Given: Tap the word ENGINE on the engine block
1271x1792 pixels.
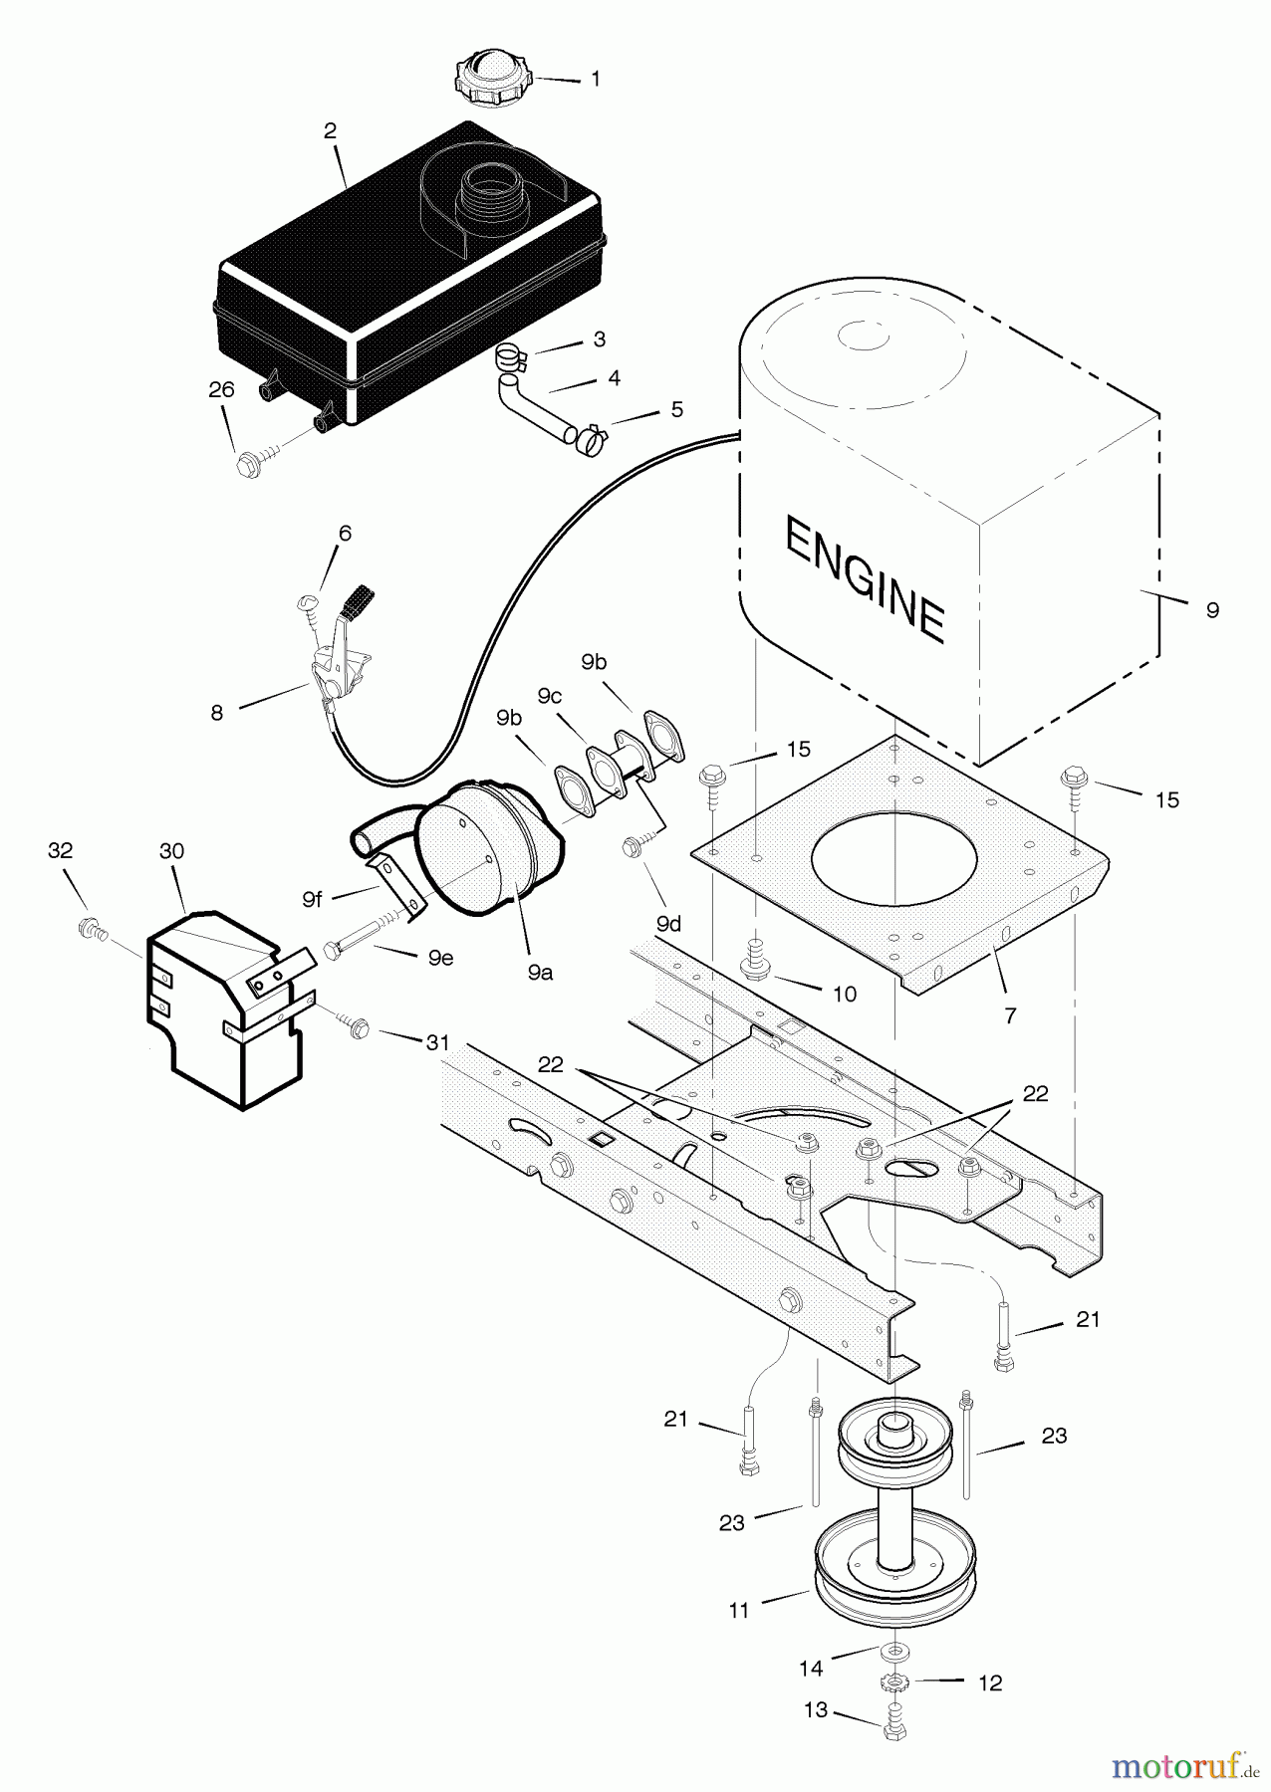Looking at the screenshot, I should point(865,577).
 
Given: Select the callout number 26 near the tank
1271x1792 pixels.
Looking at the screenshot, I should point(221,390).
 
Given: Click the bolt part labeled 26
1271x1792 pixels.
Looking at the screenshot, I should point(249,464).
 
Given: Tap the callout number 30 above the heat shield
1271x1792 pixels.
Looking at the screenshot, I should point(172,851).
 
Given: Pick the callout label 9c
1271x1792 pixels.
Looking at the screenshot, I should point(550,696).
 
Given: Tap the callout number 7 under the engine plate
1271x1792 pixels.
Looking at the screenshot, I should point(1011,1015).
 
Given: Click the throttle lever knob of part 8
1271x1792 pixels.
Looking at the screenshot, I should point(357,601).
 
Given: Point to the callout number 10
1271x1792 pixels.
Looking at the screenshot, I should point(845,995).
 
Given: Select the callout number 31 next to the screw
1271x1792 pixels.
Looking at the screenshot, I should point(437,1042).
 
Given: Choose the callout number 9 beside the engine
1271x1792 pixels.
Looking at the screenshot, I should point(1211,610).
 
